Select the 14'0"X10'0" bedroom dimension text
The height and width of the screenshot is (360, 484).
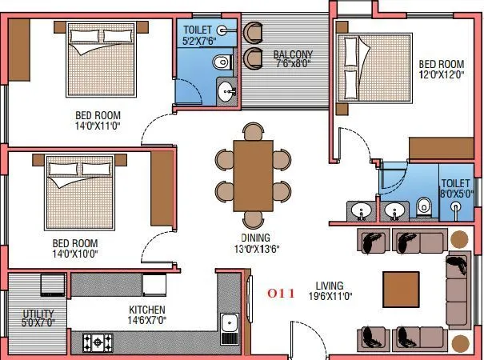pyautogui.click(x=75, y=254)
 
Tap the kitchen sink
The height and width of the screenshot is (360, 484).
pyautogui.click(x=230, y=326)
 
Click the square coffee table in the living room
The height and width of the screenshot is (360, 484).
pyautogui.click(x=401, y=288)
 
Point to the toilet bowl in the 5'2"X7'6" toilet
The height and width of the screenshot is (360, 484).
pyautogui.click(x=222, y=62)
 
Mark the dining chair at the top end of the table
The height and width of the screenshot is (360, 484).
pyautogui.click(x=253, y=132)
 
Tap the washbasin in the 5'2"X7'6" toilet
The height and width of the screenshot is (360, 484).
pyautogui.click(x=226, y=90)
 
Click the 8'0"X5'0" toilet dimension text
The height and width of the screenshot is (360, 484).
pyautogui.click(x=457, y=193)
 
